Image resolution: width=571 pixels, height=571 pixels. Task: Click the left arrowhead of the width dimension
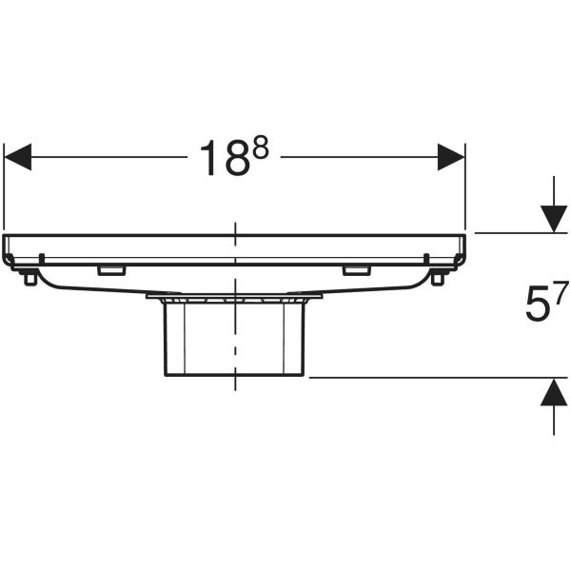(19, 157)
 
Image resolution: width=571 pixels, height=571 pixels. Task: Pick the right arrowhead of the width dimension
(450, 157)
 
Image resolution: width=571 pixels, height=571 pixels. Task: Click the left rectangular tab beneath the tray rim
(110, 271)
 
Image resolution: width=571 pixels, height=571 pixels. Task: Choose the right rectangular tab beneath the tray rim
(358, 271)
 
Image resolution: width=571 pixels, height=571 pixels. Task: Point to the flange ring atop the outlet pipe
(234, 299)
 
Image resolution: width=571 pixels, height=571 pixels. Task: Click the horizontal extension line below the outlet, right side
(428, 378)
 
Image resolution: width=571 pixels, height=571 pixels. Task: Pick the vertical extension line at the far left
(5, 190)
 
